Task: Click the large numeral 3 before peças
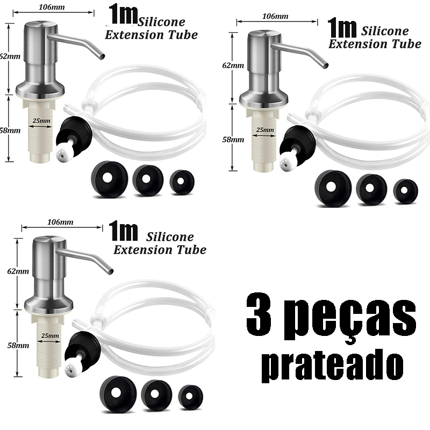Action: click(x=259, y=312)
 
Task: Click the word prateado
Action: click(x=333, y=366)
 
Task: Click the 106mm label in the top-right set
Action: click(x=275, y=16)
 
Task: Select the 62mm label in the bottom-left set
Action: click(x=18, y=271)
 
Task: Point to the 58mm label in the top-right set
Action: click(x=233, y=140)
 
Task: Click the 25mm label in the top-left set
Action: click(x=41, y=120)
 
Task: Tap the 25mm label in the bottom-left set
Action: click(x=50, y=335)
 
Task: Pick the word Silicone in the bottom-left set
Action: click(x=170, y=237)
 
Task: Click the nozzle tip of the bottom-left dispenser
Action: click(x=110, y=271)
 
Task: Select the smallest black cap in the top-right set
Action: click(x=405, y=191)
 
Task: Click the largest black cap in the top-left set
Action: click(x=109, y=179)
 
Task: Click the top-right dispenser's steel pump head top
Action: click(x=264, y=35)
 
